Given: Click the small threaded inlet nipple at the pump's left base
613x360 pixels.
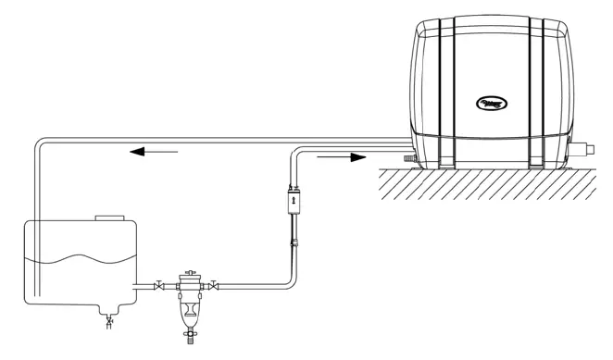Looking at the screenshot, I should click(406, 159).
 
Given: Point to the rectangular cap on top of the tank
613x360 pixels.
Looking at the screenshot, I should click(110, 217).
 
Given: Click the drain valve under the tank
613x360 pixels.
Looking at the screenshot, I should click(108, 320).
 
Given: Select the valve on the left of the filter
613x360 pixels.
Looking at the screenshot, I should click(160, 284).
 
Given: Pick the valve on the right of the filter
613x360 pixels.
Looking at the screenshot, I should click(215, 284).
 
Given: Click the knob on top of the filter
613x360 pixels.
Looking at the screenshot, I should click(188, 273).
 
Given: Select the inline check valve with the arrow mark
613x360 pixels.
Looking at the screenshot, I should click(293, 200).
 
